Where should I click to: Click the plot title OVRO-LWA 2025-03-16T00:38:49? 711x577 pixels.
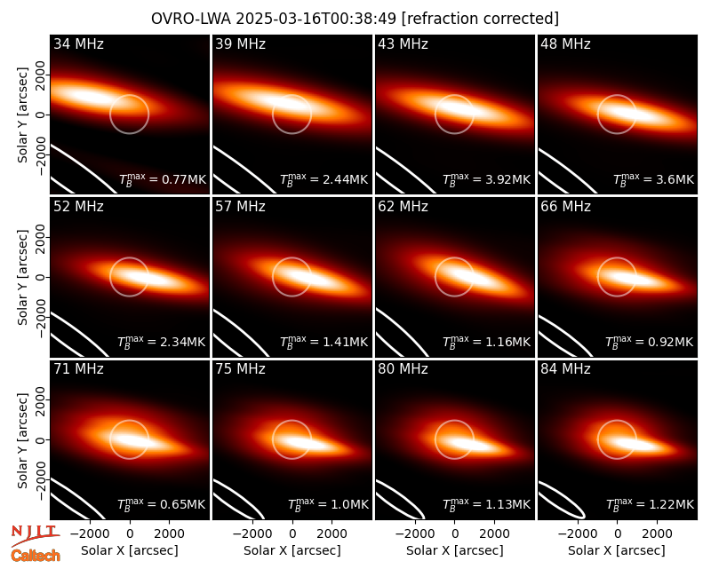[x=274, y=19]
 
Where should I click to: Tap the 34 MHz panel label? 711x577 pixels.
[x=78, y=43]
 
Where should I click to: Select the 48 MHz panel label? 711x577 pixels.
[x=565, y=43]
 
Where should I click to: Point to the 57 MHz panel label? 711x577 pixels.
[x=240, y=207]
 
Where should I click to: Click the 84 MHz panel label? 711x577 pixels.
[x=565, y=369]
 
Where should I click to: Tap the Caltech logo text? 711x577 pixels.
[x=36, y=556]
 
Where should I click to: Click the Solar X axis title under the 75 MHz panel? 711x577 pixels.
[x=292, y=550]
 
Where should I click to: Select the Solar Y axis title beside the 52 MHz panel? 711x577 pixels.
[x=22, y=277]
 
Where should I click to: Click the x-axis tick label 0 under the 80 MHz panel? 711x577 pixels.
[x=455, y=534]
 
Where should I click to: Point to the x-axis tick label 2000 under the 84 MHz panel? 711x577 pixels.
[x=657, y=534]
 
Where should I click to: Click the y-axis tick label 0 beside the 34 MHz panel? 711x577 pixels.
[x=41, y=115]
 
